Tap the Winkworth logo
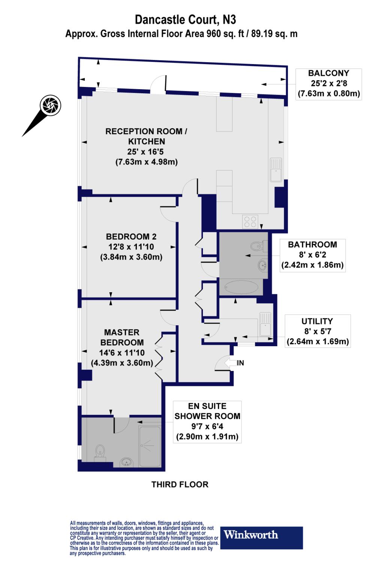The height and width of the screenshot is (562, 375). (262, 538)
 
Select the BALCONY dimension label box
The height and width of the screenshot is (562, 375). (328, 84)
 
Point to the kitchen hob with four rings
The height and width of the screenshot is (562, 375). (250, 221)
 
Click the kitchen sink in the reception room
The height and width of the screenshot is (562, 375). (276, 169)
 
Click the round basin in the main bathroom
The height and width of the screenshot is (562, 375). (262, 266)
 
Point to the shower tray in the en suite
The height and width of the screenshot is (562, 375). (150, 446)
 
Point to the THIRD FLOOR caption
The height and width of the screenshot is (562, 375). (180, 484)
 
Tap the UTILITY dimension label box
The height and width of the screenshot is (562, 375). (318, 331)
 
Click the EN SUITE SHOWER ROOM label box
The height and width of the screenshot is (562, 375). (207, 421)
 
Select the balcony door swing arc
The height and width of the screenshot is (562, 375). (157, 84)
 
